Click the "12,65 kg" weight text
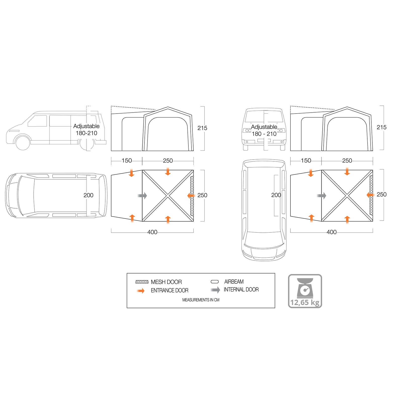click(305, 303)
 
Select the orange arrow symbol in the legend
click(141, 291)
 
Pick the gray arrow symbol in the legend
click(216, 290)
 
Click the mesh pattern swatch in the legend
click(142, 282)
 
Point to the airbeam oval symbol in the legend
click(215, 282)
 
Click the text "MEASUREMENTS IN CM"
click(201, 300)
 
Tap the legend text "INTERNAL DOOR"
click(241, 290)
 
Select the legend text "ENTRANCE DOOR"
click(170, 290)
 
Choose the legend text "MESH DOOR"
click(166, 282)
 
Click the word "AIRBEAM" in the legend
click(234, 282)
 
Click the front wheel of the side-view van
click(23, 143)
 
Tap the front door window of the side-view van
click(38, 121)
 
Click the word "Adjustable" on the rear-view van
click(264, 127)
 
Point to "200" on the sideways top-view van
click(88, 195)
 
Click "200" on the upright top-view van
click(276, 195)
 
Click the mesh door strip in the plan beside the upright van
click(371, 195)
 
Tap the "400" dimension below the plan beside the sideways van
click(152, 232)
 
